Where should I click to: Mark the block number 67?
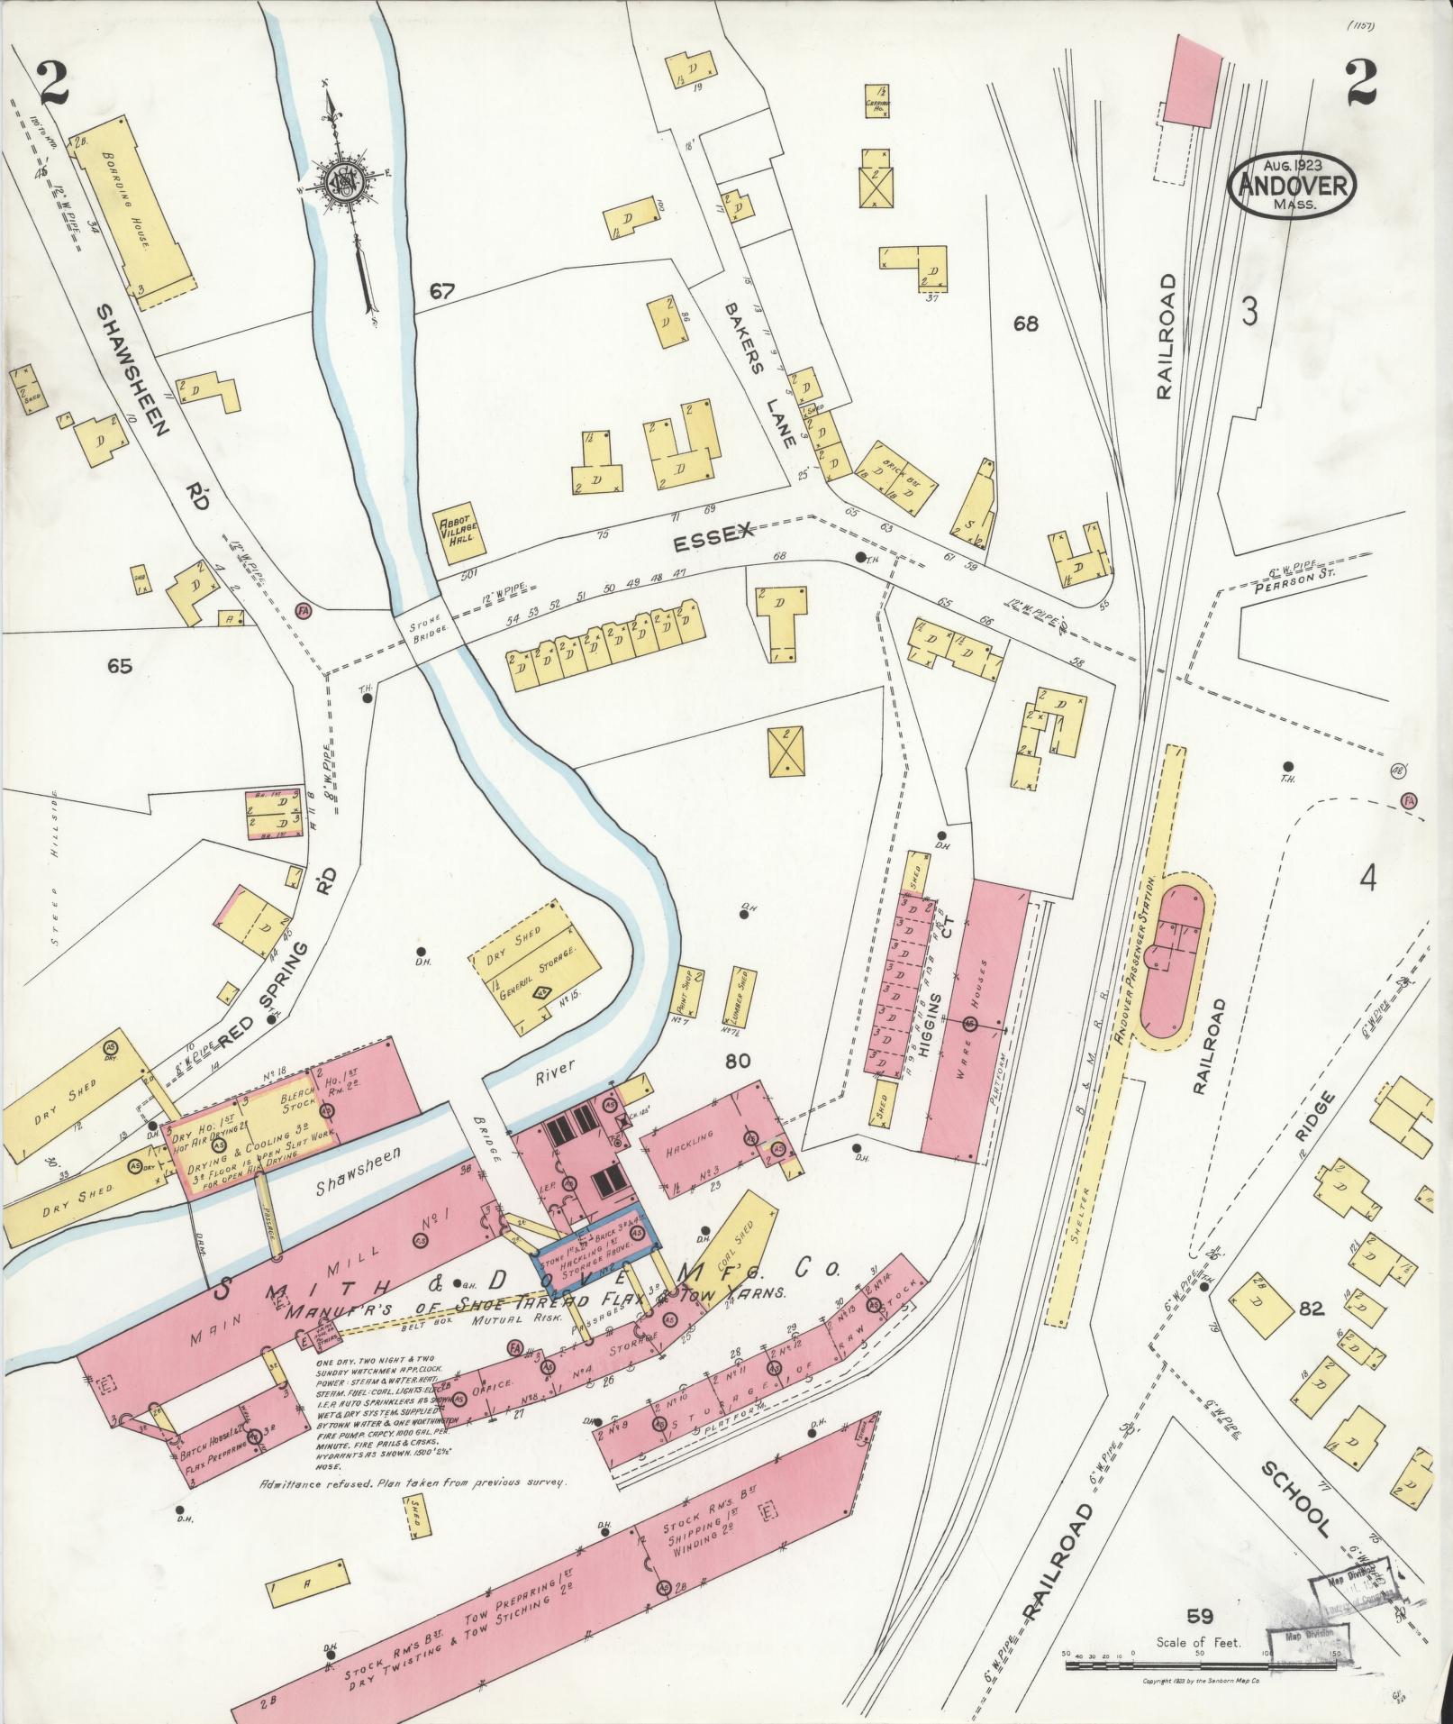pyautogui.click(x=442, y=291)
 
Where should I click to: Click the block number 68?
pyautogui.click(x=1025, y=323)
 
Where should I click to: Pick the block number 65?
pyautogui.click(x=119, y=666)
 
